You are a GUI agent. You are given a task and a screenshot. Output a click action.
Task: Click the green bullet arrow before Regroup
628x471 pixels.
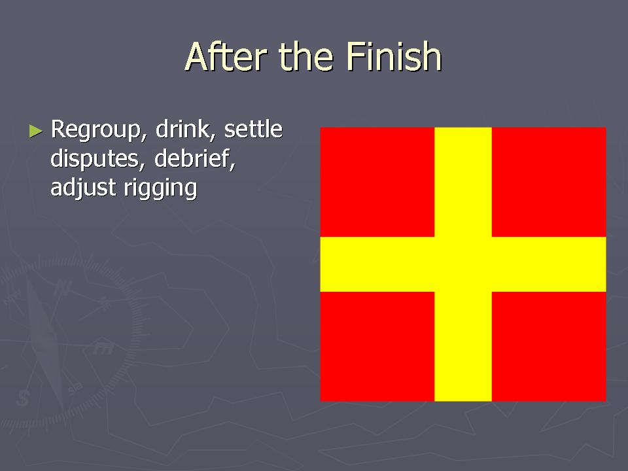click(x=36, y=131)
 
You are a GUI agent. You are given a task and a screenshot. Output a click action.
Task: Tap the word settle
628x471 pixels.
click(x=253, y=129)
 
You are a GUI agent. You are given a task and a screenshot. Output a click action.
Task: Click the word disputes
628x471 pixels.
click(x=96, y=160)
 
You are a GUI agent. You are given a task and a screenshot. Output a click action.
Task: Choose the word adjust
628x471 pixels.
click(x=83, y=188)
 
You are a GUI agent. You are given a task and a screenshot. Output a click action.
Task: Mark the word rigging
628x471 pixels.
click(x=161, y=188)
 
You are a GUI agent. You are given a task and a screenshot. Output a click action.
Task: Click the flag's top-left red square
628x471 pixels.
click(x=377, y=182)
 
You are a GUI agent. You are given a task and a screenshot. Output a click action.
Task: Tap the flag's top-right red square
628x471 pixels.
click(x=549, y=182)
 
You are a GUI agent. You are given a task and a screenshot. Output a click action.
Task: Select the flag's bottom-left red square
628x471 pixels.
click(x=377, y=347)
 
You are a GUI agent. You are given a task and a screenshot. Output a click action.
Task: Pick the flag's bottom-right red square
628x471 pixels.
click(x=549, y=347)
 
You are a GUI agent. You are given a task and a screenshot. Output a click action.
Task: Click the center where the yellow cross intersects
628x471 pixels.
click(x=463, y=264)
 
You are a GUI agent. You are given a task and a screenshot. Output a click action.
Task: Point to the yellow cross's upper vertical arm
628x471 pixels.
click(x=463, y=182)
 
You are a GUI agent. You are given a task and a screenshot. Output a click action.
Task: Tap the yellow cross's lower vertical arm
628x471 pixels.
click(x=463, y=347)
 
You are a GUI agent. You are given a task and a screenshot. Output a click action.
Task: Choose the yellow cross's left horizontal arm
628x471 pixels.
click(x=377, y=264)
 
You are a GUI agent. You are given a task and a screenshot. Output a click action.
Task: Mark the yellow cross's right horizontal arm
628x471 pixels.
click(x=549, y=264)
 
